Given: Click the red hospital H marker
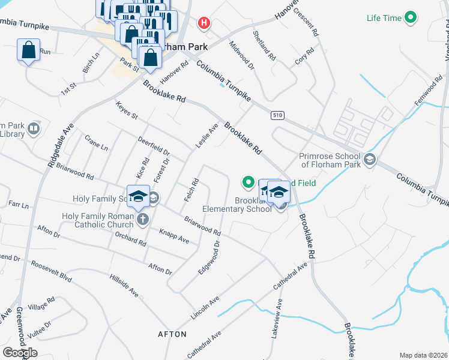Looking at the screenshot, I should point(205,23).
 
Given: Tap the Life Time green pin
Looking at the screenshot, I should point(411,18).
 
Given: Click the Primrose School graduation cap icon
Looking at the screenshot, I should point(370,160).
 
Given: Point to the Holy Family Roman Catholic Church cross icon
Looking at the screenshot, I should point(142,219).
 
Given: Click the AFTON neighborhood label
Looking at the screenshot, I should point(172,334).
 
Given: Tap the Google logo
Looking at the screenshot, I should point(20,353).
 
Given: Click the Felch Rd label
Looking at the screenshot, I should point(194,190).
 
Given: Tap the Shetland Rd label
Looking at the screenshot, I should point(265,46).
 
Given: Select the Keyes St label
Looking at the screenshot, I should point(127,110).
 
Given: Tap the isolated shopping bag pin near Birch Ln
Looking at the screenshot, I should point(29,50).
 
